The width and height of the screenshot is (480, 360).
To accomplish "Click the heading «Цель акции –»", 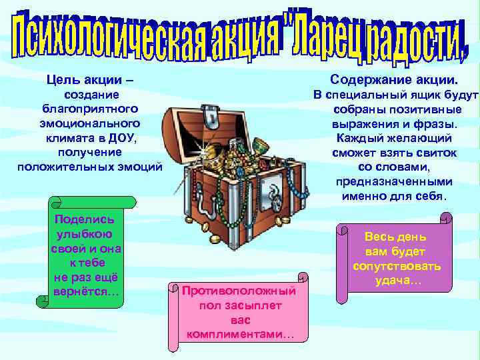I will point(89,80).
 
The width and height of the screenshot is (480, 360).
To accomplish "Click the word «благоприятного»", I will point(89,109).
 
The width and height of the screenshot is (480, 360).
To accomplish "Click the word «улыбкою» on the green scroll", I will point(84,234).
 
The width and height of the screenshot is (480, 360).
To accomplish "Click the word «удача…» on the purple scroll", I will point(398,281).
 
